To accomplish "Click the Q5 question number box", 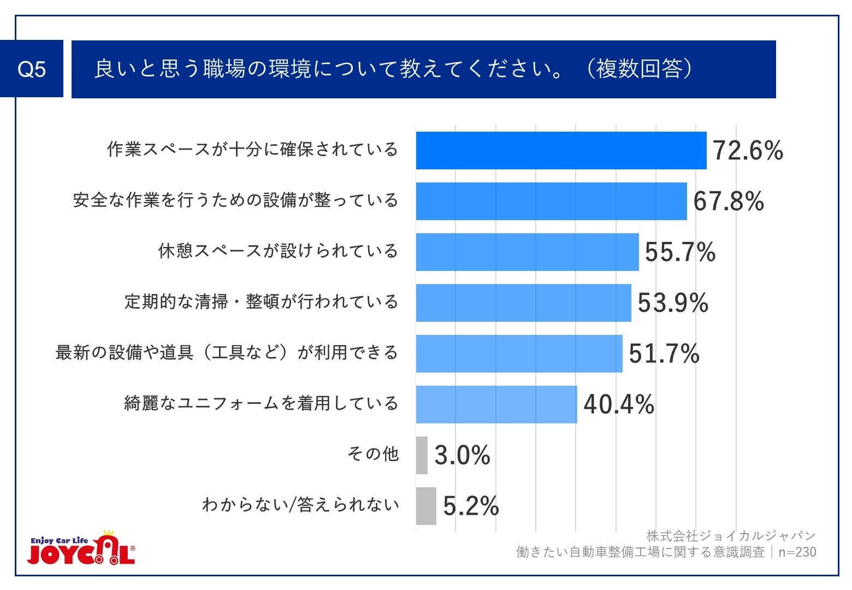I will pos(32,69).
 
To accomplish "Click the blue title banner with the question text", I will pos(423,69).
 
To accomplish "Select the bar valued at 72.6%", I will pos(561,151).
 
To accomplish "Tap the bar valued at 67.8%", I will pos(551,201).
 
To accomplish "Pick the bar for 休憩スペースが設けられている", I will pos(527,252).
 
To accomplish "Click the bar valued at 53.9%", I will pos(523,303).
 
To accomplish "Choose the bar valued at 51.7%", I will pos(519,353).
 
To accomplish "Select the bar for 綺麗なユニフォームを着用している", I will pos(496,404).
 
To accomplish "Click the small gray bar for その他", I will pos(422,455).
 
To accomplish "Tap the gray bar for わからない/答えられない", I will pos(426,506).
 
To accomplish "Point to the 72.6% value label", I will pos(748,151).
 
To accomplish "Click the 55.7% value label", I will pos(680,252).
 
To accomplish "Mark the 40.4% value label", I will pos(619,405).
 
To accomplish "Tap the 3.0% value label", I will pos(462,455).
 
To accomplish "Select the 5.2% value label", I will pos(471,506).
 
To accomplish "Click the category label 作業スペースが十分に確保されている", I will pos(252,150).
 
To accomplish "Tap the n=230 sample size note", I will pos(797,552).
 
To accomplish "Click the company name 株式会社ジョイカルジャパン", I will pos(731,536).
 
